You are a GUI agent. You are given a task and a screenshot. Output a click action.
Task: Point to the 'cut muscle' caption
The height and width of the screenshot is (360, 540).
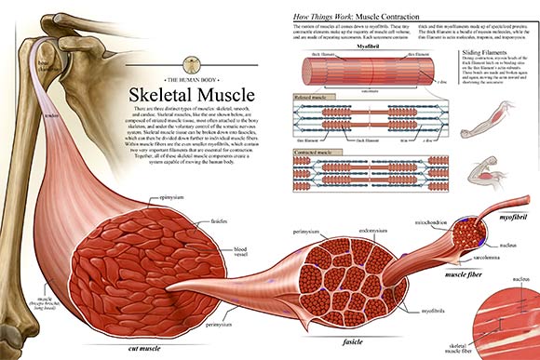[x=143, y=346]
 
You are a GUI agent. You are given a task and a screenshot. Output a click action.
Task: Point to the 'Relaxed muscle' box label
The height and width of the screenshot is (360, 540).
[x=314, y=95]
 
